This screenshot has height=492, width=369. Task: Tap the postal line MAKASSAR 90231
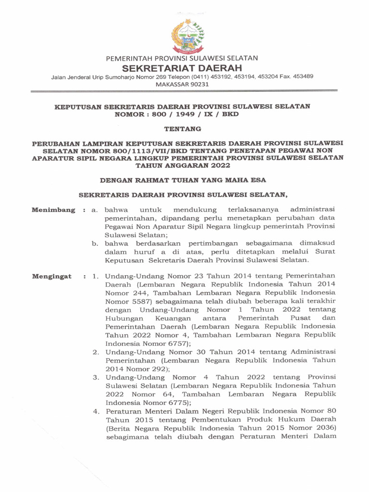182,84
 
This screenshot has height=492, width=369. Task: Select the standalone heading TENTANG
182,129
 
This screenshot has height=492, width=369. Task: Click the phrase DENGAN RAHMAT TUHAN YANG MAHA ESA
182,180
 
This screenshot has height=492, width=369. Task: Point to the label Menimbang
53,210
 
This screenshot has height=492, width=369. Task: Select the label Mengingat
51,276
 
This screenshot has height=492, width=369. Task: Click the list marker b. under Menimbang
95,244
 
